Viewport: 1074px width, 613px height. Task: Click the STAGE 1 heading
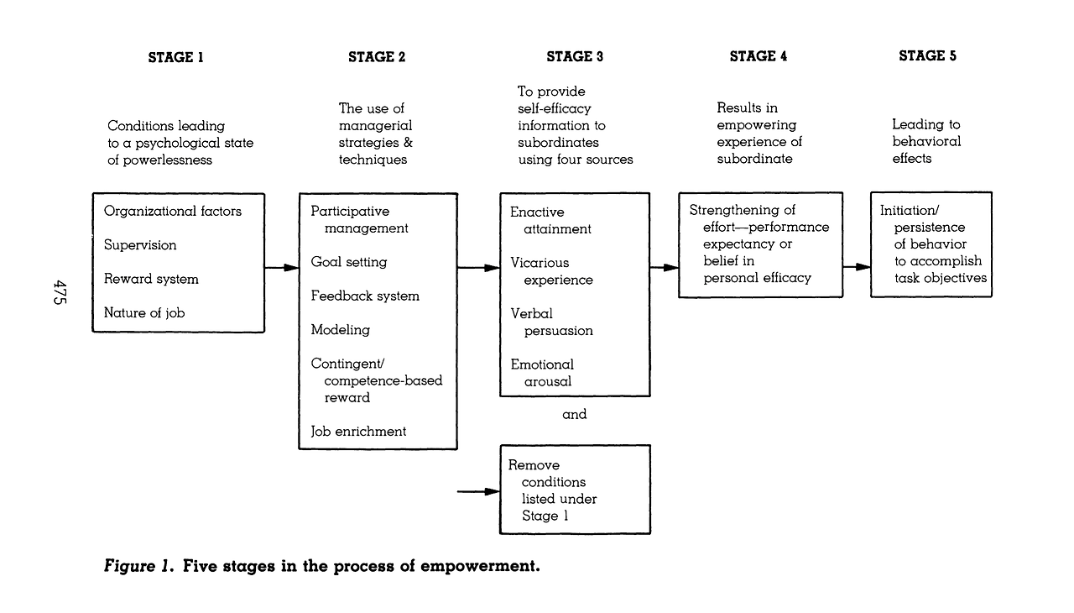(x=175, y=58)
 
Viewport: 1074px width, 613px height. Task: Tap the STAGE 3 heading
(x=575, y=56)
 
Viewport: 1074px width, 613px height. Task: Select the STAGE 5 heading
(x=927, y=55)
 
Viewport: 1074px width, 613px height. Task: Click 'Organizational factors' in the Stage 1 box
(x=173, y=211)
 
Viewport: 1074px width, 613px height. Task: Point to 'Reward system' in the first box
(x=151, y=279)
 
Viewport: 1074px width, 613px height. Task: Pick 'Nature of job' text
(x=144, y=312)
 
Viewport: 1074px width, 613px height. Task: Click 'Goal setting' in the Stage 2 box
(x=348, y=262)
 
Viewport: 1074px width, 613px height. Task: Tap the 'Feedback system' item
(x=365, y=296)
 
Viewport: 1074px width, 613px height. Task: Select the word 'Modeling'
(x=341, y=330)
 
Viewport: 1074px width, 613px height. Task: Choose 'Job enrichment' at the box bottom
(x=358, y=432)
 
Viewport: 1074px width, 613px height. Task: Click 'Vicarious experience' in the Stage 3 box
(x=551, y=271)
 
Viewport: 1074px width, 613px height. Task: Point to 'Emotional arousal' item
(x=542, y=373)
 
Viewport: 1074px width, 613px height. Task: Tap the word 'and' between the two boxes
(x=575, y=414)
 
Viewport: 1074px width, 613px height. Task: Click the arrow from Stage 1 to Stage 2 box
(x=282, y=268)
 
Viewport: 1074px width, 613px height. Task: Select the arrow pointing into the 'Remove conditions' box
(x=478, y=491)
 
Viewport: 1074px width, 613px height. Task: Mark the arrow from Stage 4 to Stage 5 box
(x=857, y=267)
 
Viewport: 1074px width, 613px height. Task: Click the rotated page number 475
(x=60, y=292)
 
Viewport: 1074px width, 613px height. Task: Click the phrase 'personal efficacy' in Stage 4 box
(x=757, y=278)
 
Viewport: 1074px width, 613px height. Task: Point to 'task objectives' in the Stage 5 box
(x=941, y=278)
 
